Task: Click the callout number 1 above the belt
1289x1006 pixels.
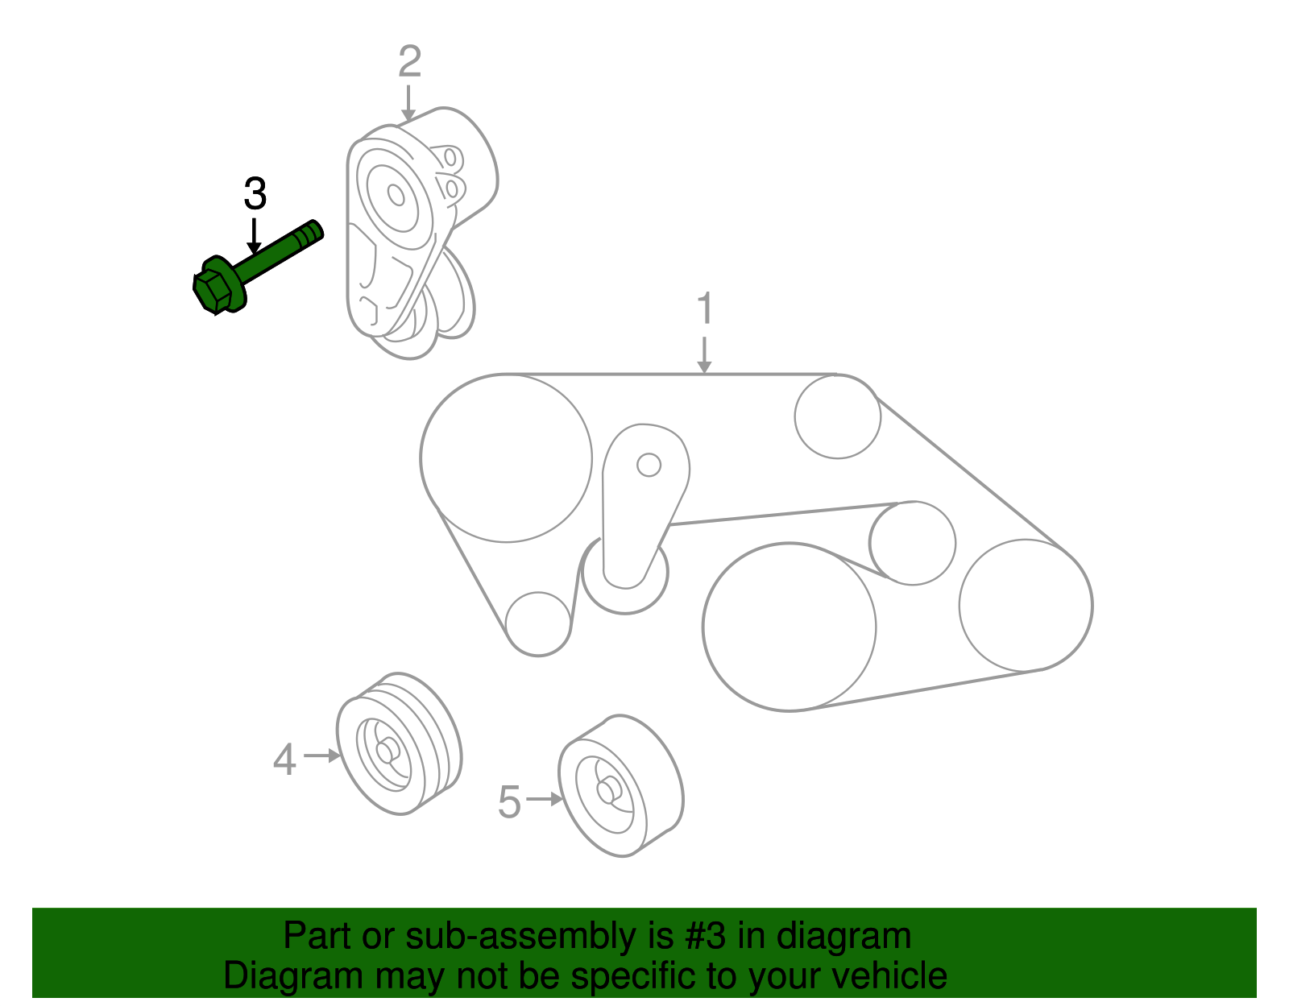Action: coord(705,308)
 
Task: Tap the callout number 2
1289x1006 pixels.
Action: coord(409,62)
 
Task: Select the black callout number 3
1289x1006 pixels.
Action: coord(255,194)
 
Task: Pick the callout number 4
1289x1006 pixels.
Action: coord(284,760)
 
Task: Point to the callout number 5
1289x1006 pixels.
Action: coord(509,802)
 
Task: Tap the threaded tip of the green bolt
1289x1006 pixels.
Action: coord(312,232)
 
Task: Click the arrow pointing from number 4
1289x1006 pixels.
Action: coord(322,756)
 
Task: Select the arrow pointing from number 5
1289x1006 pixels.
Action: coord(545,799)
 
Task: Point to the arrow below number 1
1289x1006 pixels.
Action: coord(705,355)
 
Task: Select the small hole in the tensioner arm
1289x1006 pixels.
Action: coord(649,465)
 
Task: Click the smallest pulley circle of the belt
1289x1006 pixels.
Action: coord(539,623)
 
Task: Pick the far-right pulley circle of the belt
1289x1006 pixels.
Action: coord(1026,605)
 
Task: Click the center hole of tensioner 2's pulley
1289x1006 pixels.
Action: coord(396,195)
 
